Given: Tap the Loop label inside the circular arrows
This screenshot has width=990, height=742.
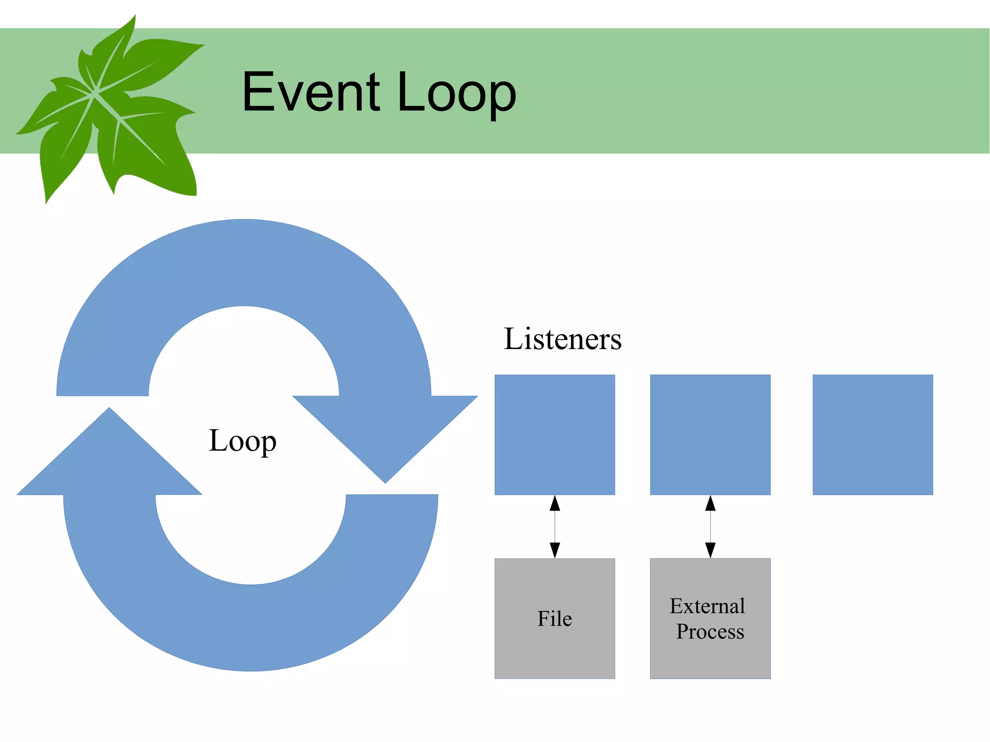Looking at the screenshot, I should coord(243,441).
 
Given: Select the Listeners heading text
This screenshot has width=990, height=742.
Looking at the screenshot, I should coord(562,339).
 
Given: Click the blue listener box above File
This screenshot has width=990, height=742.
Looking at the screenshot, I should coord(554,435).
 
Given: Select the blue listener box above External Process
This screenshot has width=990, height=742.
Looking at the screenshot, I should coord(710,435).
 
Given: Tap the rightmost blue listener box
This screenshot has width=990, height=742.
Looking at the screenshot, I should coord(873,435).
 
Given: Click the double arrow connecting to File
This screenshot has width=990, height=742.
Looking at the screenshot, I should coord(555,527).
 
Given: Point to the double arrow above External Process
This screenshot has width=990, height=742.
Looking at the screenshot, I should coord(710,527).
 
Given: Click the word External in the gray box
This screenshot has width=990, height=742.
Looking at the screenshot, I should coord(707,606).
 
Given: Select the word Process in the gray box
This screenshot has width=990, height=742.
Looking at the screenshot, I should coord(710,631).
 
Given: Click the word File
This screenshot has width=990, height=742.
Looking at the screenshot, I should coord(554,619).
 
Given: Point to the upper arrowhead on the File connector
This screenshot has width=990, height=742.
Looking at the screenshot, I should coord(555,504).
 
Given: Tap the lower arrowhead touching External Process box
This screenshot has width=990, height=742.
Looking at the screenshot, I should coord(710,550).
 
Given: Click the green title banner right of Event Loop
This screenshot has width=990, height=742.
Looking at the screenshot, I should coord(749,92).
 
